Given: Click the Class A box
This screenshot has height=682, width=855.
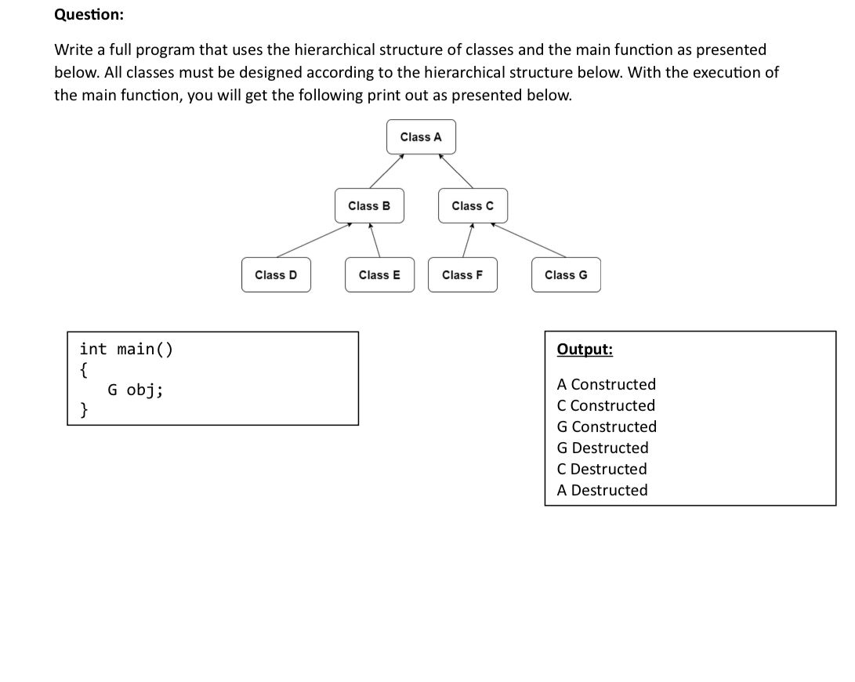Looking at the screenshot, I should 421,137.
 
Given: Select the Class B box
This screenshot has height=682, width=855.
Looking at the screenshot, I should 369,206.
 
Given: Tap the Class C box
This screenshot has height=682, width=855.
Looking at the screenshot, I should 473,206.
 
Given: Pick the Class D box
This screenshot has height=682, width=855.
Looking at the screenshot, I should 276,275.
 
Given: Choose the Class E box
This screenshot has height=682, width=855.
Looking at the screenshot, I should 379,275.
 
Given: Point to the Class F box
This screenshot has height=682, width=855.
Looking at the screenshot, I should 462,275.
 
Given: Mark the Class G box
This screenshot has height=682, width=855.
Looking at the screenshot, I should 566,275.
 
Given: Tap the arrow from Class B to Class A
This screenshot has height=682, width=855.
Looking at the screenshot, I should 386,171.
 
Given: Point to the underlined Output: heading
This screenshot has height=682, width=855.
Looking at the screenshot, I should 585,350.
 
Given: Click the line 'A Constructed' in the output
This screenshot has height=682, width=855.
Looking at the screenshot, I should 606,385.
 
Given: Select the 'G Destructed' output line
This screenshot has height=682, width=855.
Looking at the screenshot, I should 602,448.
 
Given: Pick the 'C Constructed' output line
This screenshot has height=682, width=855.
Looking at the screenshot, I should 606,406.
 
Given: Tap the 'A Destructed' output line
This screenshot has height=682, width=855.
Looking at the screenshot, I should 602,491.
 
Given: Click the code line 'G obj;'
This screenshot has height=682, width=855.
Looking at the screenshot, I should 135,390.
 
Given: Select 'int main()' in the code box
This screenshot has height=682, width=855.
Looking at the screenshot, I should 126,349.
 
